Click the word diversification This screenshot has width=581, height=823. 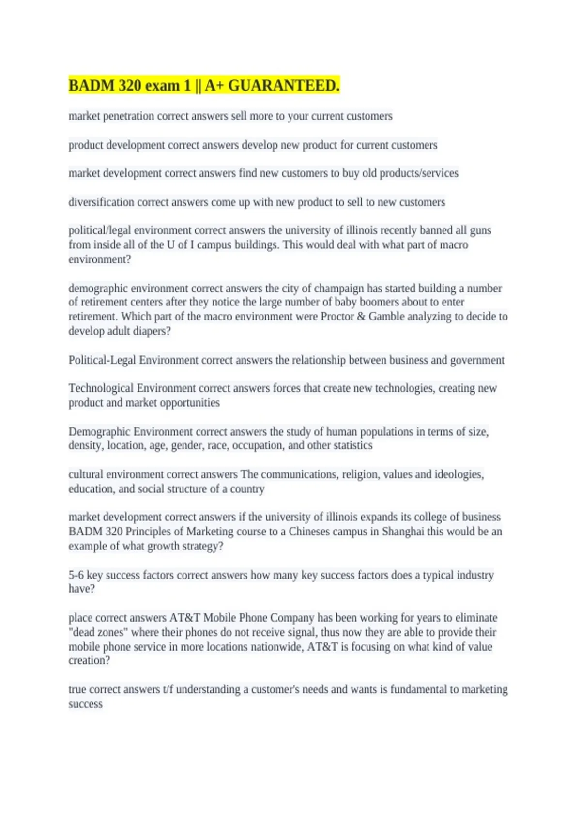[101, 202]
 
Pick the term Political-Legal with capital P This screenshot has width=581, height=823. [102, 360]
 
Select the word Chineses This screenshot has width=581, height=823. [309, 532]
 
